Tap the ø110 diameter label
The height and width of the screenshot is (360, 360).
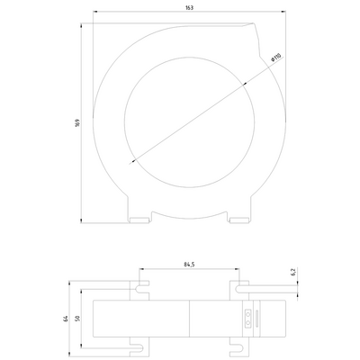pyautogui.click(x=275, y=59)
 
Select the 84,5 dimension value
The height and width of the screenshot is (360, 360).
pyautogui.click(x=189, y=264)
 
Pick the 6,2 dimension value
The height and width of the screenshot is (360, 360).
pyautogui.click(x=293, y=270)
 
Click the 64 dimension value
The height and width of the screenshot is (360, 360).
pyautogui.click(x=66, y=319)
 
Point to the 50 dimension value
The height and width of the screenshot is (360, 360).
pyautogui.click(x=77, y=319)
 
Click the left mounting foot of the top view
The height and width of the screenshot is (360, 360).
pyautogui.click(x=139, y=218)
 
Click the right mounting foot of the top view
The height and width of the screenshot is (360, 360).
pyautogui.click(x=238, y=218)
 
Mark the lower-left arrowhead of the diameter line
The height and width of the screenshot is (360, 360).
pyautogui.click(x=134, y=159)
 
